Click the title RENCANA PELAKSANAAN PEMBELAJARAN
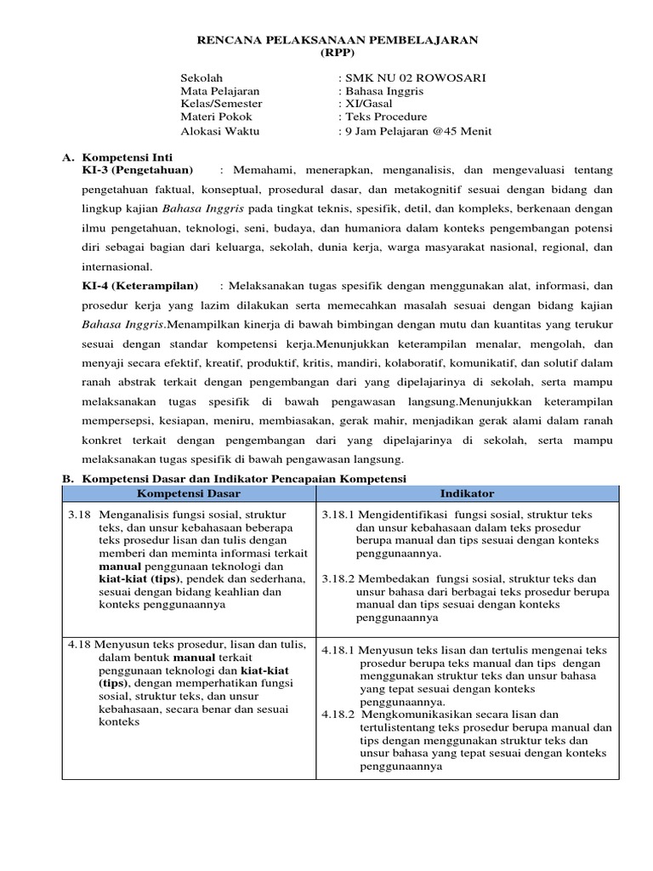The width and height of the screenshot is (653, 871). [x=338, y=39]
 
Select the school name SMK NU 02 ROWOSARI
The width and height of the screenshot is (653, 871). [x=413, y=77]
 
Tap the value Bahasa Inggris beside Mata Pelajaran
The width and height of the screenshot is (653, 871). [x=382, y=91]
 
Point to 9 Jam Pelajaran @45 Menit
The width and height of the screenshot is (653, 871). [x=415, y=131]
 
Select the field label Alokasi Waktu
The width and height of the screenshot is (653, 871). [x=220, y=131]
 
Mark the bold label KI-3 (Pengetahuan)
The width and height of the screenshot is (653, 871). [x=136, y=170]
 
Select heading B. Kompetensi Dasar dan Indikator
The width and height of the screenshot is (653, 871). [x=235, y=479]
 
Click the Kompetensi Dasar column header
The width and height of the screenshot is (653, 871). [x=189, y=493]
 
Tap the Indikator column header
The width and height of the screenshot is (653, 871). [x=467, y=493]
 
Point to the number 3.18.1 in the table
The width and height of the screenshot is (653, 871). [x=338, y=515]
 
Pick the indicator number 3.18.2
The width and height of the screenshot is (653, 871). [x=338, y=578]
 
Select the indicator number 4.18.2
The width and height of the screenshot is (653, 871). [x=338, y=714]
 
